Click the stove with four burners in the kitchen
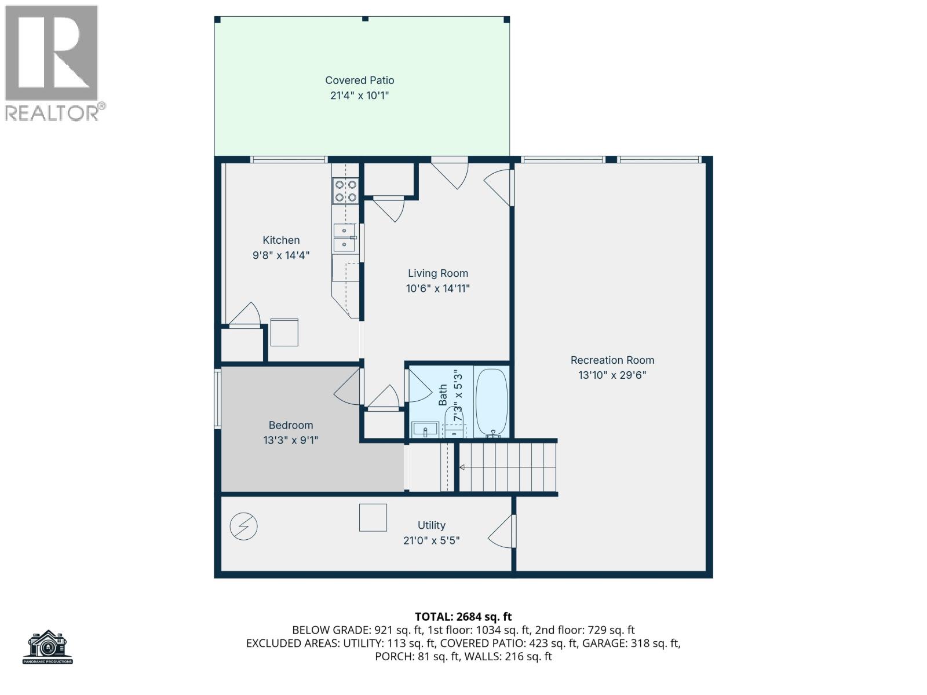pos(345,191)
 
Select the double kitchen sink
pos(344,238)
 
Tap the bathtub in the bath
pos(491,402)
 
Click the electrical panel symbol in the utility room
pos(243,526)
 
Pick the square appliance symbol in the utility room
pos(373,517)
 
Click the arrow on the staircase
pos(462,467)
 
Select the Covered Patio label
pos(359,81)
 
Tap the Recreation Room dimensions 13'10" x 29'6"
pos(612,375)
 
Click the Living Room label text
pos(437,273)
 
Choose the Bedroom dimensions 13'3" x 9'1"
pos(290,440)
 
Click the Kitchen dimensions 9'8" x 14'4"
pos(281,255)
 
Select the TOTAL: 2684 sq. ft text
pos(463,617)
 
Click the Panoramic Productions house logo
pos(48,646)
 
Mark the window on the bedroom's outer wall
pos(218,399)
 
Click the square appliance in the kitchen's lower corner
pos(284,332)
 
